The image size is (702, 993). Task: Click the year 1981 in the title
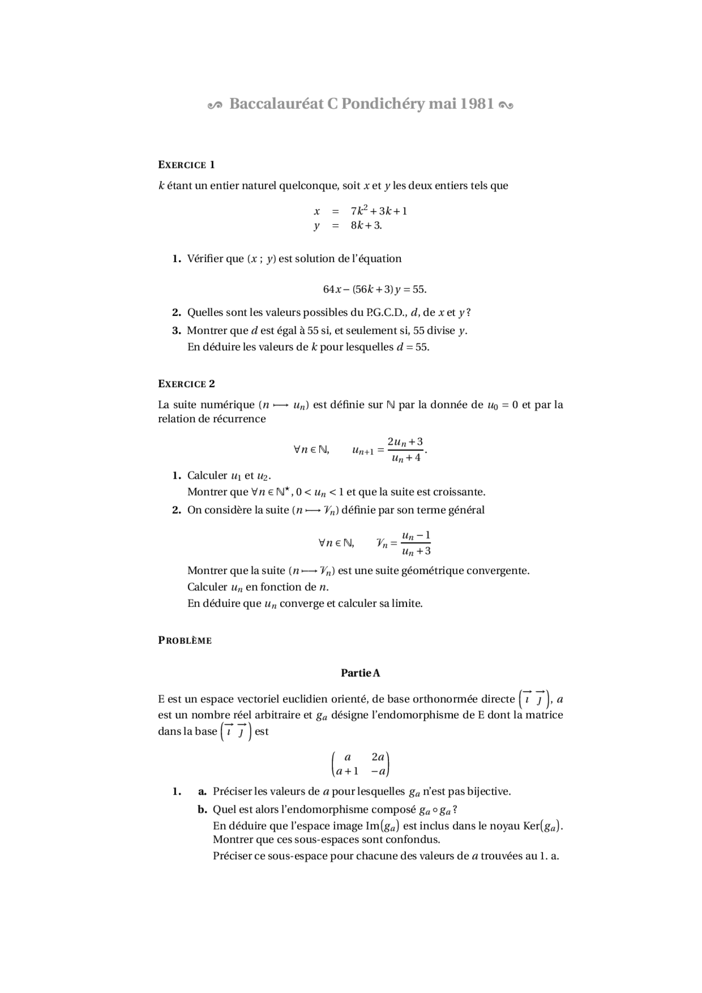(x=477, y=104)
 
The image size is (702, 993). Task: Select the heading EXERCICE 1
(x=186, y=165)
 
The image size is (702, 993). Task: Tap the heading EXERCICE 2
(x=186, y=384)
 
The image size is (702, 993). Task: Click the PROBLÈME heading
(x=185, y=640)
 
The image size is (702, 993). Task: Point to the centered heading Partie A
(x=360, y=673)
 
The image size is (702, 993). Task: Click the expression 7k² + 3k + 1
(x=379, y=211)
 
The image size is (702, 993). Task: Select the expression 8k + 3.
(x=366, y=225)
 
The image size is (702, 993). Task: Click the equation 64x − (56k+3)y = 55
(x=375, y=289)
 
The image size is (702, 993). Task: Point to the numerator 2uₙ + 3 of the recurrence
(x=405, y=442)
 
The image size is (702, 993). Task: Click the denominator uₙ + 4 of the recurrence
(x=406, y=458)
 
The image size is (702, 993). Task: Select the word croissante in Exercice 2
(x=458, y=492)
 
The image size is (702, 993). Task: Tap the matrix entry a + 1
(x=347, y=771)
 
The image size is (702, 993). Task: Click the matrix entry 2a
(x=378, y=757)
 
